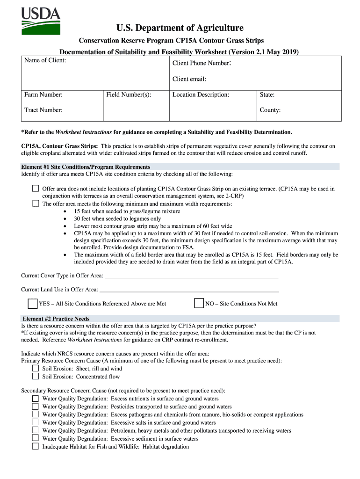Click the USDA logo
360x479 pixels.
41,22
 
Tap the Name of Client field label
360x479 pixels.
45,61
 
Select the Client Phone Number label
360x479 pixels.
202,63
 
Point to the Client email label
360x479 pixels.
189,79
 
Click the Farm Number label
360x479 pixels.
43,95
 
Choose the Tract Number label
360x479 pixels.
43,110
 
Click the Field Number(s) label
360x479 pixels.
129,95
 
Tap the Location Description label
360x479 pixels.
201,95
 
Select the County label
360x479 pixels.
270,110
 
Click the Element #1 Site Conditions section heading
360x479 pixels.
86,167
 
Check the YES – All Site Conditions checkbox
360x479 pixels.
32,304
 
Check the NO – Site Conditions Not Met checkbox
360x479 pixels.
199,304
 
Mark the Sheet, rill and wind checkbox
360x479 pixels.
36,369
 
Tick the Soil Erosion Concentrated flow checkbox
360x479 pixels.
36,377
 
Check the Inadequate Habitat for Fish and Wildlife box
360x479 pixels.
36,446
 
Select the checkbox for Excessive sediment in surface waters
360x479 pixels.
36,438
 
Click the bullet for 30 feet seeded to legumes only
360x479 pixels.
65,219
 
